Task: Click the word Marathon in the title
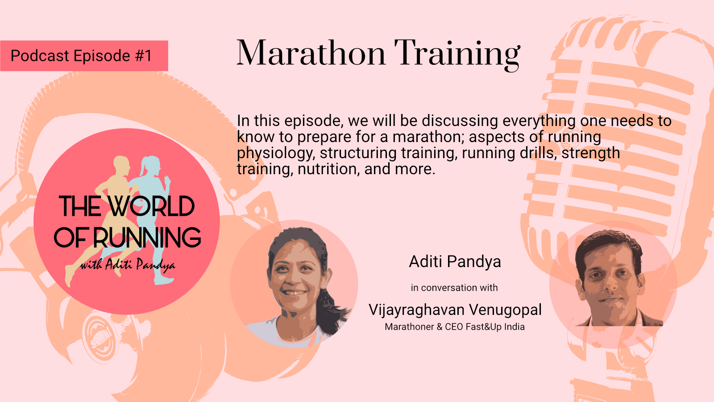[x=311, y=53]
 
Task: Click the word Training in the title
[x=457, y=55]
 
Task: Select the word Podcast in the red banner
[x=40, y=56]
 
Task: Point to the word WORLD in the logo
[x=151, y=206]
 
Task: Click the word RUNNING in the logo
[x=147, y=237]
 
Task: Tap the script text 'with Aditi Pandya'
[x=127, y=265]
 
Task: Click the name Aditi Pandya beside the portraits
[x=455, y=262]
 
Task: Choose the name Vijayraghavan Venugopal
[x=455, y=310]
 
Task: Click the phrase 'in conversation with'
[x=454, y=288]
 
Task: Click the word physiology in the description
[x=276, y=153]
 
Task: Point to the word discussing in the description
[x=460, y=121]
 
